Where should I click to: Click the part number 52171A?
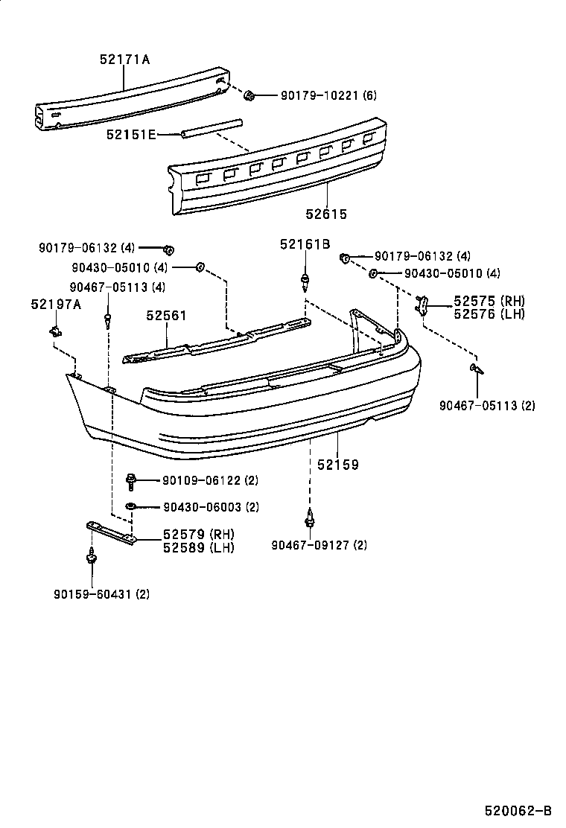click(124, 60)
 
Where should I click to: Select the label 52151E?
click(130, 135)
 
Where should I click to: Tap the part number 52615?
click(325, 214)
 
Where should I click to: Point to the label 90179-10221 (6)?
click(328, 95)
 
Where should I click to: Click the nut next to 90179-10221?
click(251, 95)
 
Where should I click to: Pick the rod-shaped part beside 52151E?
click(212, 127)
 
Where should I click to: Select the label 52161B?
click(305, 244)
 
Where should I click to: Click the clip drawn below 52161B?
click(305, 281)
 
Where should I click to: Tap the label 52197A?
click(57, 304)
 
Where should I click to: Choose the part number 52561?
click(166, 316)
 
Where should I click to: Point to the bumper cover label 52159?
click(338, 465)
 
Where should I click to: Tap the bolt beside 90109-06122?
click(131, 481)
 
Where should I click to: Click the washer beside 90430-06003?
click(131, 507)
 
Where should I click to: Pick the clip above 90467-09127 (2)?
click(308, 516)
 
